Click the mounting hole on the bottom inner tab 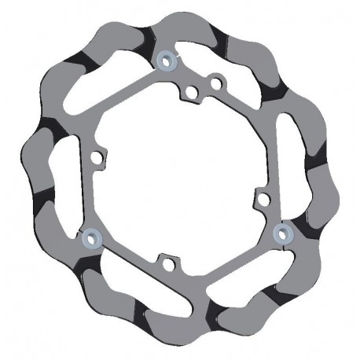click(x=165, y=263)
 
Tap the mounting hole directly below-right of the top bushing click(x=189, y=93)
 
